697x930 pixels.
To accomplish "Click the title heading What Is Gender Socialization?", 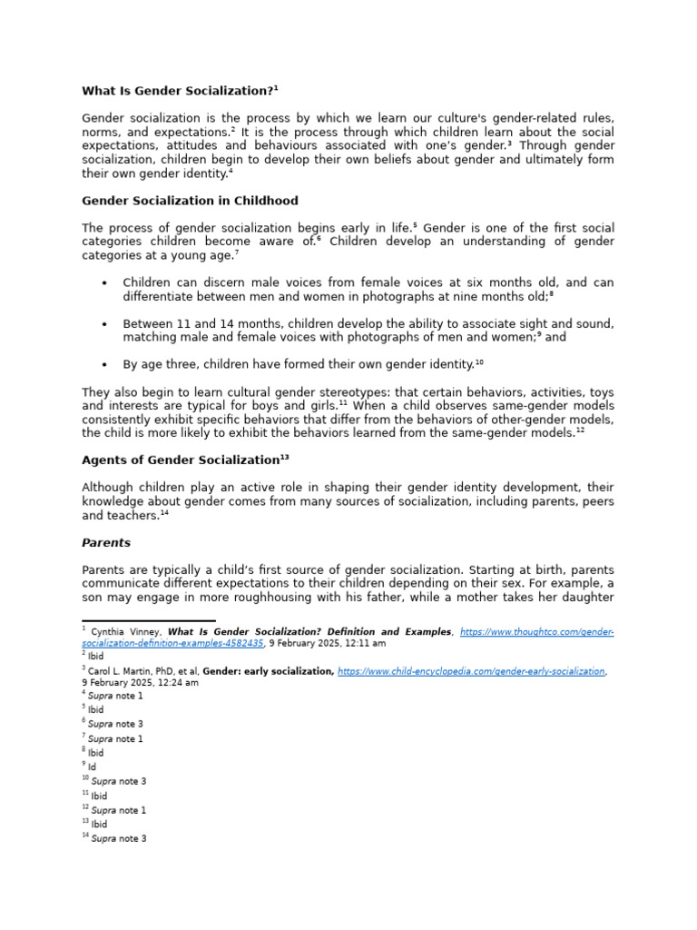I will pyautogui.click(x=178, y=91).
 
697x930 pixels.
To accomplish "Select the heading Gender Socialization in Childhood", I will pyautogui.click(x=190, y=201).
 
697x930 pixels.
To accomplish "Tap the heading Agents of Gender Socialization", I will pyautogui.click(x=180, y=460).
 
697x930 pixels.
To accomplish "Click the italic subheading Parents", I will pyautogui.click(x=106, y=543).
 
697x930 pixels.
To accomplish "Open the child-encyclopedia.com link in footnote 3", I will pyautogui.click(x=471, y=671).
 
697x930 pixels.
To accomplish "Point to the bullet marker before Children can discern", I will pyautogui.click(x=105, y=283).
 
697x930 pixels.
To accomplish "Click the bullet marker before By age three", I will pyautogui.click(x=105, y=365).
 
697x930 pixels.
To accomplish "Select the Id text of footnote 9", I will pyautogui.click(x=92, y=767).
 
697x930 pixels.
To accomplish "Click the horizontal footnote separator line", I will pyautogui.click(x=136, y=620).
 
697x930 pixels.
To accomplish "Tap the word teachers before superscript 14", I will pyautogui.click(x=133, y=515).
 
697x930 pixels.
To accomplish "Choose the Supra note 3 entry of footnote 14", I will pyautogui.click(x=118, y=839).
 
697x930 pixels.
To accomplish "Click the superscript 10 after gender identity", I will pyautogui.click(x=479, y=362).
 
